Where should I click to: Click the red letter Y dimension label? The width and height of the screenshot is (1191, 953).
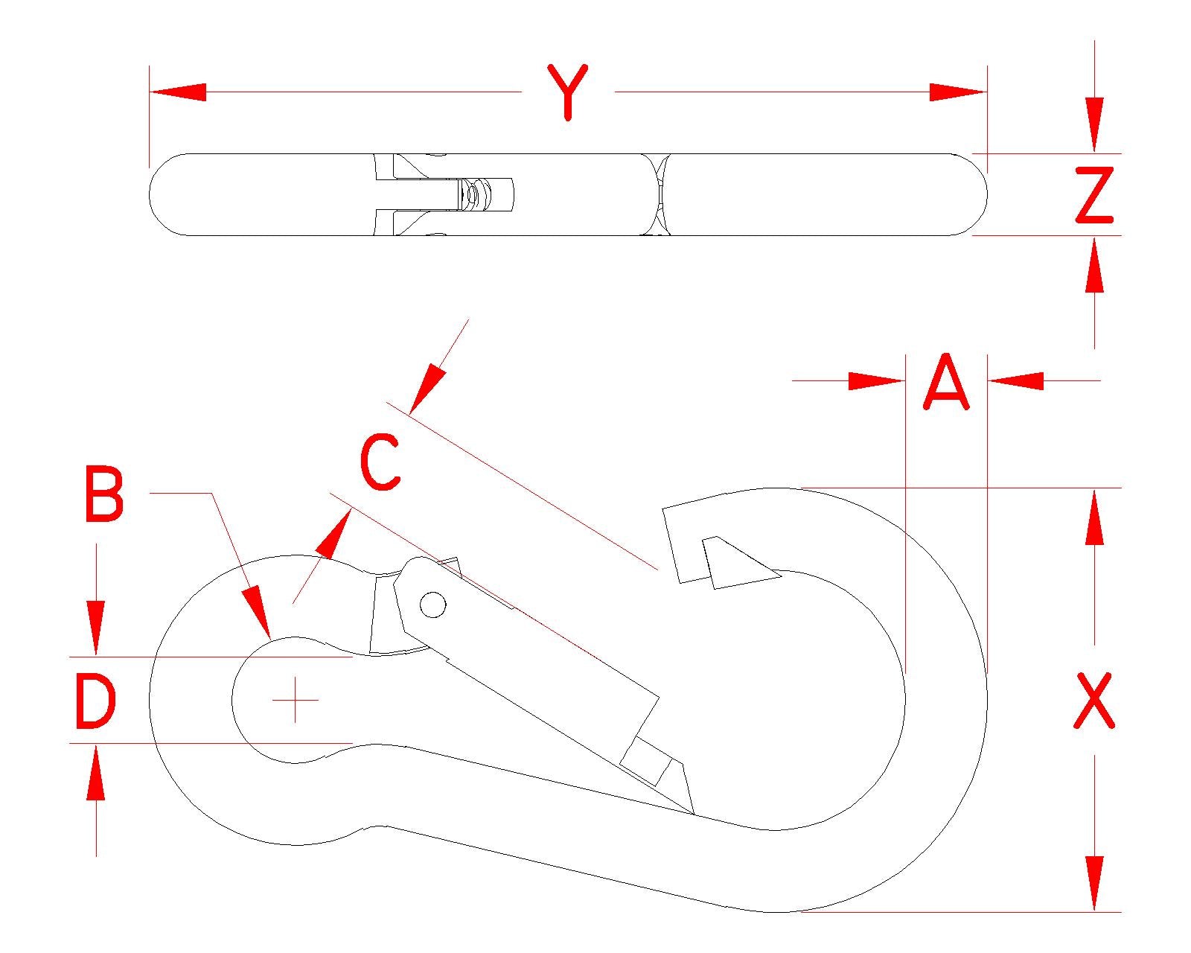pyautogui.click(x=567, y=92)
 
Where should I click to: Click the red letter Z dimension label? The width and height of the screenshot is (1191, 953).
pyautogui.click(x=1094, y=195)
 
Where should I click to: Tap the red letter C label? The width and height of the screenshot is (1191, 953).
pyautogui.click(x=380, y=463)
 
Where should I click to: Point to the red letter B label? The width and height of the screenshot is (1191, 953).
pyautogui.click(x=103, y=494)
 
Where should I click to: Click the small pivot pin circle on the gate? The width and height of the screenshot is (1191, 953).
pyautogui.click(x=433, y=605)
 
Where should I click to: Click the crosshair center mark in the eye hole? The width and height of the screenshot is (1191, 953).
pyautogui.click(x=296, y=700)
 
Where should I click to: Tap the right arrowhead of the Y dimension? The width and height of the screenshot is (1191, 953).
pyautogui.click(x=959, y=92)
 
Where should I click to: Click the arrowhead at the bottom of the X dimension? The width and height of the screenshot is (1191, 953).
pyautogui.click(x=1094, y=884)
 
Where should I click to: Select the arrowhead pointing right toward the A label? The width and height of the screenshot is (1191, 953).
pyautogui.click(x=877, y=381)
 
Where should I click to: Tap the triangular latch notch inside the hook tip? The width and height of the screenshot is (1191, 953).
pyautogui.click(x=737, y=564)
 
